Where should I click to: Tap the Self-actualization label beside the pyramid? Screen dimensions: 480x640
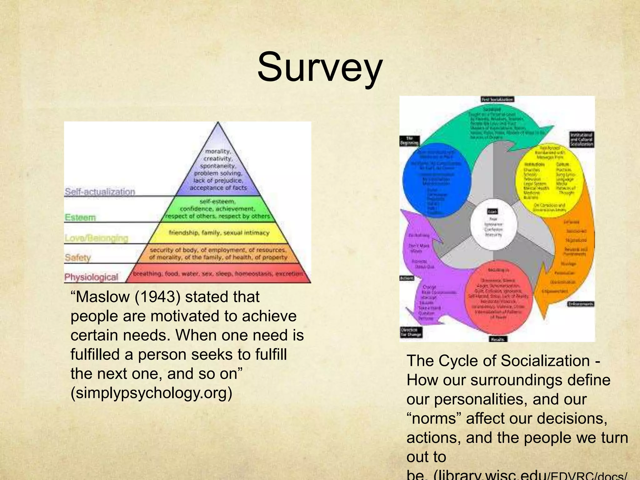(100, 191)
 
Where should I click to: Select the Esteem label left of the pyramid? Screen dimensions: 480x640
(80, 217)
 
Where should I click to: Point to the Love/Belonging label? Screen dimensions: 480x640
(96, 238)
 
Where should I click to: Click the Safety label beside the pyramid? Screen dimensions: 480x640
(77, 257)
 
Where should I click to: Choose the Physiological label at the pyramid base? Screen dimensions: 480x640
(91, 277)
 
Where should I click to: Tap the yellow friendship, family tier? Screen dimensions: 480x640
(219, 233)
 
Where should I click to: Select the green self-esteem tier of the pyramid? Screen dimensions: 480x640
(218, 209)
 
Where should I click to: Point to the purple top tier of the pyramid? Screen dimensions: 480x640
(218, 169)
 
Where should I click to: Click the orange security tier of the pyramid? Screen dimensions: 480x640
(218, 253)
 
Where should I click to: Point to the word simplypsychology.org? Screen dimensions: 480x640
(151, 393)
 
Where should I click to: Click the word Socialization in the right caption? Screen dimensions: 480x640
(545, 361)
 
